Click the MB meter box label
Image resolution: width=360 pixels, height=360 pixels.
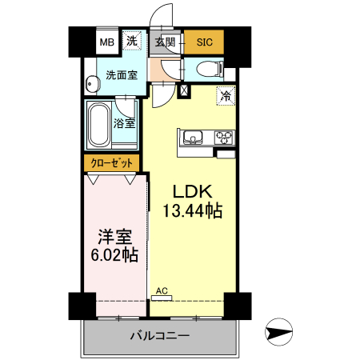click(x=106, y=42)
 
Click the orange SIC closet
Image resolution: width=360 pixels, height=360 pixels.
click(x=204, y=42)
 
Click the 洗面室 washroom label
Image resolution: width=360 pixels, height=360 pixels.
click(x=121, y=76)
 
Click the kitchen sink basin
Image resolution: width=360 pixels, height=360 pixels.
click(x=194, y=137)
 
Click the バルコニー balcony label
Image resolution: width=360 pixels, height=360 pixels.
click(x=159, y=336)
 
